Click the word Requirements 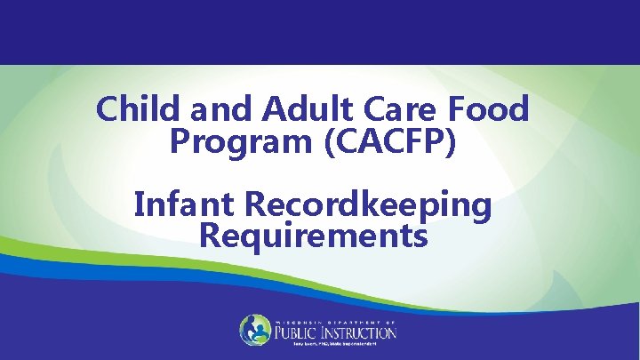[314, 236]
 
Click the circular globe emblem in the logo [255, 330]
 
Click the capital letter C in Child [108, 109]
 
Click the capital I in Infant [140, 205]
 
